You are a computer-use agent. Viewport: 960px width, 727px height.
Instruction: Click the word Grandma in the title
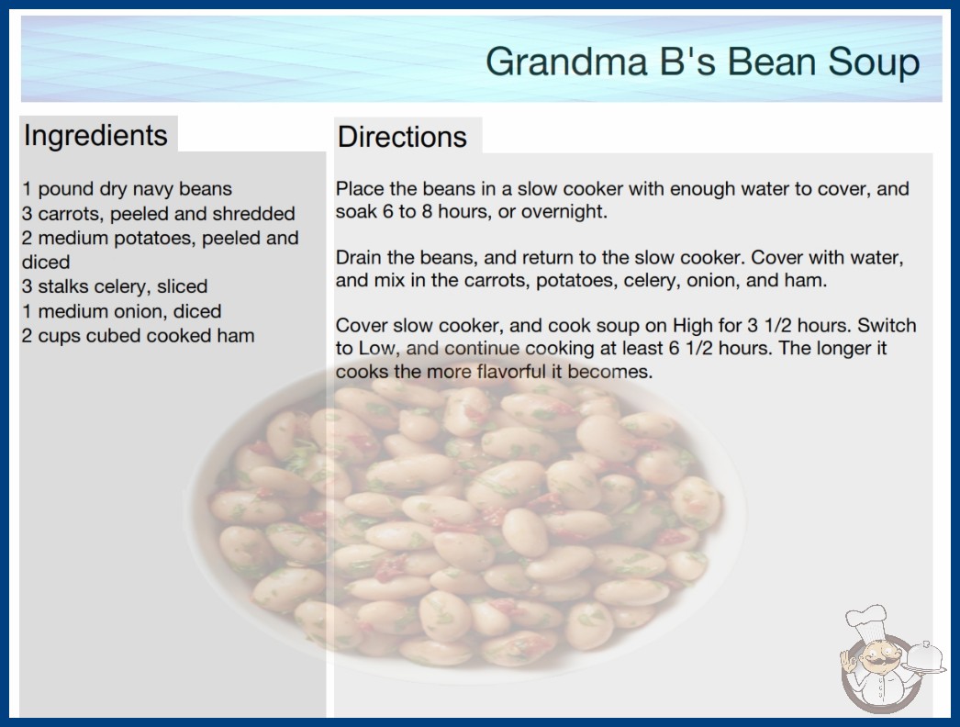(567, 62)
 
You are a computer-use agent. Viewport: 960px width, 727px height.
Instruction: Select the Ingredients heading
(95, 136)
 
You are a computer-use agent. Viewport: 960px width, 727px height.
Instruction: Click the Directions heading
(402, 137)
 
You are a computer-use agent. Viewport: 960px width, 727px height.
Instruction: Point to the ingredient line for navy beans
(128, 189)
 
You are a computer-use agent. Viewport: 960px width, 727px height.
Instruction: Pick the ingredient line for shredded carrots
(159, 214)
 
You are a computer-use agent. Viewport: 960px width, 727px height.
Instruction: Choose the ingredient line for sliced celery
(115, 286)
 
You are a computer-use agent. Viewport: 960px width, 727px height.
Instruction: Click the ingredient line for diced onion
(122, 311)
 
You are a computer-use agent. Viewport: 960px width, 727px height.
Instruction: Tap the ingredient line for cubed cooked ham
(139, 336)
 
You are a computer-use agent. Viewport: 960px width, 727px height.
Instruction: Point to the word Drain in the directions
(359, 257)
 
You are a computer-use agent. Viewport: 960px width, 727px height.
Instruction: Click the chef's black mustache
(878, 660)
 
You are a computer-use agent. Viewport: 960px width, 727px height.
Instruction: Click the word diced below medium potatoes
(46, 263)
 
